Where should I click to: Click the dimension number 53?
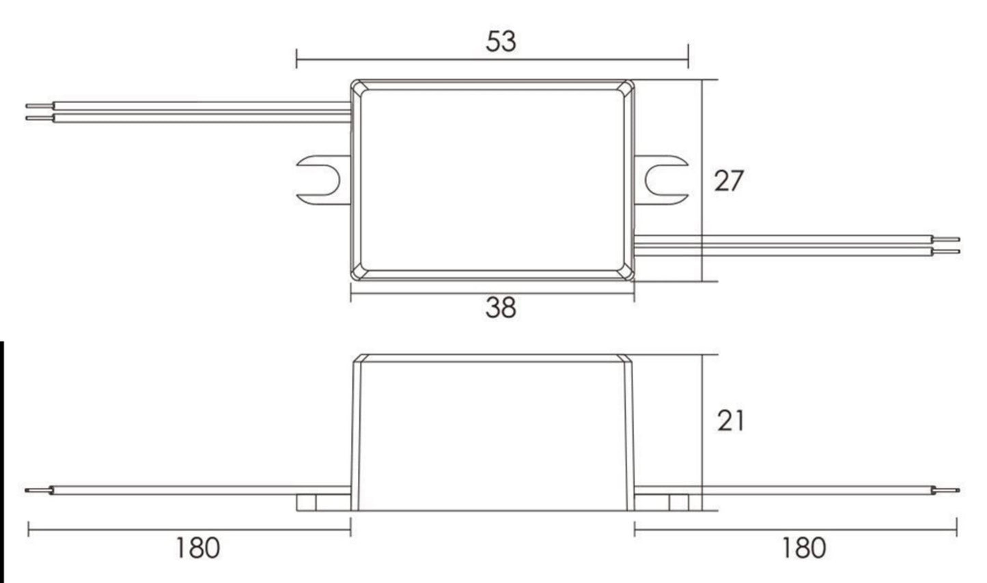pos(501,42)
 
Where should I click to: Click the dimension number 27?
pos(728,182)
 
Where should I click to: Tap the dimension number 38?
pos(501,308)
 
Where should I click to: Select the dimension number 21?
pos(730,421)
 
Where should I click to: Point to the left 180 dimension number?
pos(198,548)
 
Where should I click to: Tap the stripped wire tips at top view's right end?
pos(950,246)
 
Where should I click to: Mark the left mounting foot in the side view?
pos(307,503)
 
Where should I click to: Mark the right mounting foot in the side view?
pos(679,503)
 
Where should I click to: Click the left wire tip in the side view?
pos(30,490)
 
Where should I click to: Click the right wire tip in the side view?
pos(954,490)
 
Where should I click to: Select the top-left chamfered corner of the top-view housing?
pos(359,87)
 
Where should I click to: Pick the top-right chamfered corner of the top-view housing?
pos(626,87)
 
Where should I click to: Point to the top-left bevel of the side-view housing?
pos(358,359)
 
